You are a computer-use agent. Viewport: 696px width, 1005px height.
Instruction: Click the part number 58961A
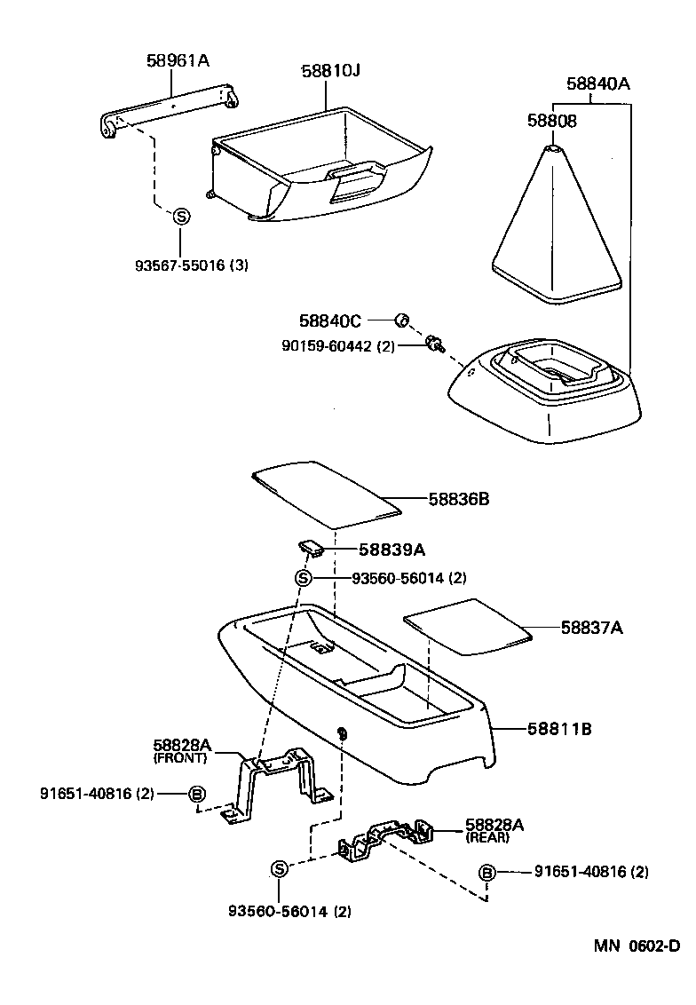pyautogui.click(x=178, y=60)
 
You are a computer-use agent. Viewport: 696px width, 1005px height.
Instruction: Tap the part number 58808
pyautogui.click(x=551, y=121)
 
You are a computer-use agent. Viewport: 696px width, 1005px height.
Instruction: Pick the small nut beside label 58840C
pyautogui.click(x=401, y=320)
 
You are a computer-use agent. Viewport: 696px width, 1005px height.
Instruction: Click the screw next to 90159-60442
pyautogui.click(x=434, y=344)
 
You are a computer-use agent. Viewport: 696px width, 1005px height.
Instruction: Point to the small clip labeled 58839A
pyautogui.click(x=311, y=547)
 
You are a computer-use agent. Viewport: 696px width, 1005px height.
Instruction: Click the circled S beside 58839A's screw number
pyautogui.click(x=303, y=579)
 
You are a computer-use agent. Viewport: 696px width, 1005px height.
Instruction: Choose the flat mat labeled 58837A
pyautogui.click(x=467, y=626)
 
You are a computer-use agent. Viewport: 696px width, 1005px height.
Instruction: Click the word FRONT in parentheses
pyautogui.click(x=180, y=758)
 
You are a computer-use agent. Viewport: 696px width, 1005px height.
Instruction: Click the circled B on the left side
pyautogui.click(x=198, y=794)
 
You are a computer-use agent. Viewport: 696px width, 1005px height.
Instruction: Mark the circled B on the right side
pyautogui.click(x=486, y=873)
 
